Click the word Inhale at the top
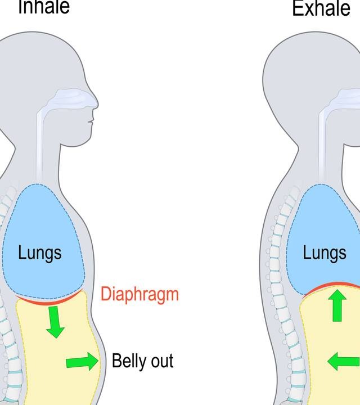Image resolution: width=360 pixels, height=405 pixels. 44,7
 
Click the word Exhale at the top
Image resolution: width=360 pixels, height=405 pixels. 321,8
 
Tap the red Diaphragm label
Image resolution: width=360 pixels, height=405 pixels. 139,294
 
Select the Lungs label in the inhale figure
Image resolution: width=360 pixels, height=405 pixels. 39,253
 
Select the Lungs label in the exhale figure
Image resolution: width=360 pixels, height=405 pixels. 325,253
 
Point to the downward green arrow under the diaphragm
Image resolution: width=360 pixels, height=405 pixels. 55,323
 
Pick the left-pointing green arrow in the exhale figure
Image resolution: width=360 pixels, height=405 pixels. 343,361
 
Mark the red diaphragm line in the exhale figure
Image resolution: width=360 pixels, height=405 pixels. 332,287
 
